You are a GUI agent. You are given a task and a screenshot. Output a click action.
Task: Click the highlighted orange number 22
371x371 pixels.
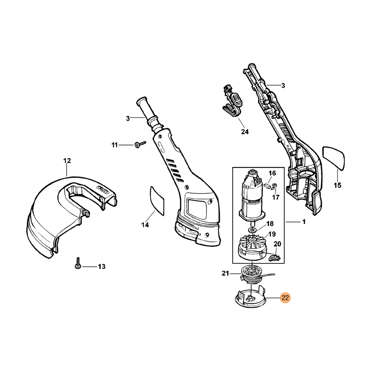285,298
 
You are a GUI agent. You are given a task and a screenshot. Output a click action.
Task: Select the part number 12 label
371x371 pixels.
67,161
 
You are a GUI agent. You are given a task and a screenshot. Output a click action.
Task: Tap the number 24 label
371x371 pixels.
245,132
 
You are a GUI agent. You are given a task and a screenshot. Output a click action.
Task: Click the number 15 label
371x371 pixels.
337,185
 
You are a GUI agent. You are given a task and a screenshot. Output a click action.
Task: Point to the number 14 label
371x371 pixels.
145,225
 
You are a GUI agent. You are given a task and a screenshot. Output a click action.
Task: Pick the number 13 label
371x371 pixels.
102,267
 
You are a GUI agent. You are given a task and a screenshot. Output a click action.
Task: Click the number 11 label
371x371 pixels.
115,145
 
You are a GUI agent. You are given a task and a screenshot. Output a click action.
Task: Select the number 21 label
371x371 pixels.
226,274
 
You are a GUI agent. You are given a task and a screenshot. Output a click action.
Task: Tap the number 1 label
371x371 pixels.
304,222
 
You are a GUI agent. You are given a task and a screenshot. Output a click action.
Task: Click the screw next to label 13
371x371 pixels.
78,264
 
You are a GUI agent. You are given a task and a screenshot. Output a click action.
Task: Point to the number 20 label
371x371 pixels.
278,244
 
